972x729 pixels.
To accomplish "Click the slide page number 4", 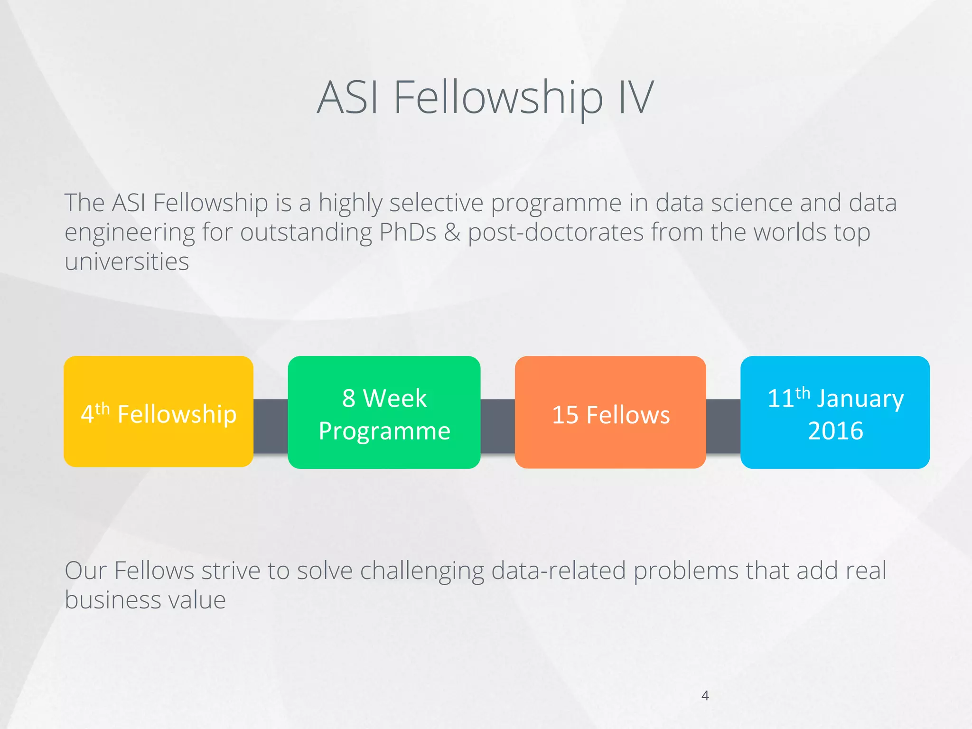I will point(705,696).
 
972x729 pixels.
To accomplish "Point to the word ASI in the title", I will point(348,98).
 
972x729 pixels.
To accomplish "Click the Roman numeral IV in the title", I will point(636,98).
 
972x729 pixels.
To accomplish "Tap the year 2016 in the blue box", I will point(835,431).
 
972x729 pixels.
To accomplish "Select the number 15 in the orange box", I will point(565,415).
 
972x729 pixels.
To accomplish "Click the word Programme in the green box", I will point(384,431).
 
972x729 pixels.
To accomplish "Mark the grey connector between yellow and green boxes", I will point(271,426).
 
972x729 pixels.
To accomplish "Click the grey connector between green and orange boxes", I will point(497,426).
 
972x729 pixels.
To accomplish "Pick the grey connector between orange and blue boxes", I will point(723,426).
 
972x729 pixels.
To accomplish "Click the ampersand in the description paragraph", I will point(452,233).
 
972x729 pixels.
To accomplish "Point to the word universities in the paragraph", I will point(127,262).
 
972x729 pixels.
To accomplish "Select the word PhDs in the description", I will point(407,233).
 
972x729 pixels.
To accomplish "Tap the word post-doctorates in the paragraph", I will point(555,233).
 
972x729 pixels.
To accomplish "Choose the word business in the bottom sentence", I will point(112,600).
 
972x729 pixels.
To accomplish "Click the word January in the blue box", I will point(860,399).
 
